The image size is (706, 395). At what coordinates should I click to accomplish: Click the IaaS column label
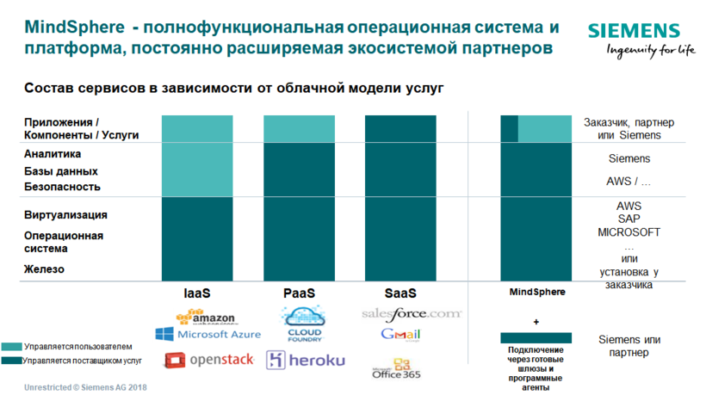tap(197, 293)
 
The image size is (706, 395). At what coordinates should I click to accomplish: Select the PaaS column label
tap(299, 293)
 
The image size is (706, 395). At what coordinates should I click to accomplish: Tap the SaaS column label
tap(400, 293)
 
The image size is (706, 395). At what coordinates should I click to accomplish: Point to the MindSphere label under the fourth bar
tap(536, 293)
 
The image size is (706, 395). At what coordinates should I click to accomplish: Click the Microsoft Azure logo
tap(208, 334)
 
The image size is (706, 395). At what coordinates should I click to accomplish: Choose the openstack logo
tap(209, 360)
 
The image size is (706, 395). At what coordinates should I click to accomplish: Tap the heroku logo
tap(306, 360)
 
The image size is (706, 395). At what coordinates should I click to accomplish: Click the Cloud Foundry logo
tap(303, 324)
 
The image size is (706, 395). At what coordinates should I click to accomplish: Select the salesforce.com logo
tap(412, 314)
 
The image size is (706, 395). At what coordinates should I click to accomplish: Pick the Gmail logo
tap(400, 335)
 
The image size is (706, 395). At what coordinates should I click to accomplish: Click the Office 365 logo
tap(397, 369)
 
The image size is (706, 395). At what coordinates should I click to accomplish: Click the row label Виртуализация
tap(66, 215)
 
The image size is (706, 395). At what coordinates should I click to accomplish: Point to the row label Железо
tap(45, 269)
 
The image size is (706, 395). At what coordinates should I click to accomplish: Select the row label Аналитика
tap(53, 154)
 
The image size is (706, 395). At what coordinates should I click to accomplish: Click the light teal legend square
tap(12, 346)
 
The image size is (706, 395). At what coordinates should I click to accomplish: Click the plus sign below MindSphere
tap(536, 321)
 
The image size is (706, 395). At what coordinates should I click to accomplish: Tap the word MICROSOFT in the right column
tap(629, 232)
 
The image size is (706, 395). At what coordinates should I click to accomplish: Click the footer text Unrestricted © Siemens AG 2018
tap(84, 387)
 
